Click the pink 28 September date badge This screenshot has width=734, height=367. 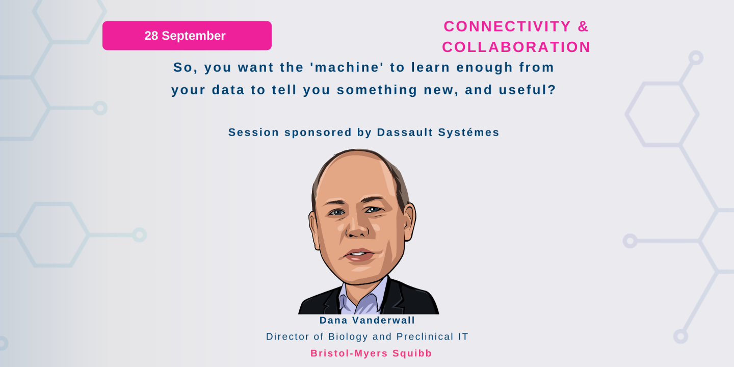(x=187, y=36)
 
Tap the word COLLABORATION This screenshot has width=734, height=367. (x=516, y=47)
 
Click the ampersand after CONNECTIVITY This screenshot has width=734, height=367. (x=583, y=26)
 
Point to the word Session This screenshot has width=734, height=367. (x=253, y=133)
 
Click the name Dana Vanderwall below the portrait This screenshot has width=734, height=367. (x=367, y=321)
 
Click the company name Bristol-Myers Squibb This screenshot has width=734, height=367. (x=371, y=353)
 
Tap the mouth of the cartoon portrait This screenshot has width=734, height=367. (x=359, y=255)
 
